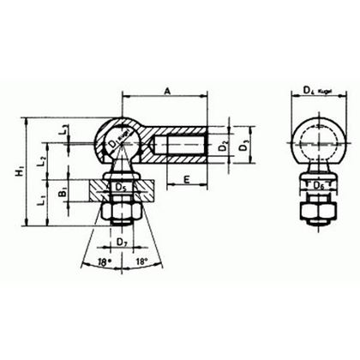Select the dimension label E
187,181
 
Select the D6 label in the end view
316,183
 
